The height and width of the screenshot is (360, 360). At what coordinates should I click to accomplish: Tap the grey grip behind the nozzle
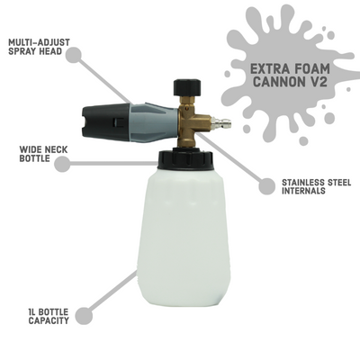144,121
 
